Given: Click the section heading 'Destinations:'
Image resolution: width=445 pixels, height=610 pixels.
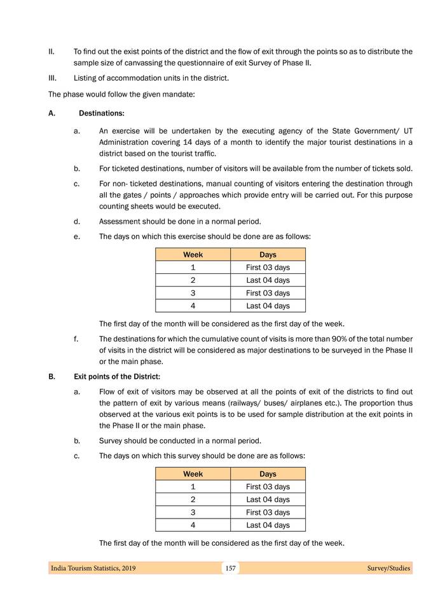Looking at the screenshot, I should [x=101, y=113].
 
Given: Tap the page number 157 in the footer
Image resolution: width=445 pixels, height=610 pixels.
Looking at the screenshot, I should [x=230, y=568].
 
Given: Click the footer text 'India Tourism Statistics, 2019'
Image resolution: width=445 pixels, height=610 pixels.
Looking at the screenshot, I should [x=93, y=568].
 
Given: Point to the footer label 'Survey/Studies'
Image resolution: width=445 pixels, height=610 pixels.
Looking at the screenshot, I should [x=388, y=568].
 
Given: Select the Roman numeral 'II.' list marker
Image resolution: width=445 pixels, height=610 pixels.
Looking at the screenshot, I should [x=52, y=51].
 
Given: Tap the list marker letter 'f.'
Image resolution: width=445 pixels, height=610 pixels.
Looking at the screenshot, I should [x=77, y=339].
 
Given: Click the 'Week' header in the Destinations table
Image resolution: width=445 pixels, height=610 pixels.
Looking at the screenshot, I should [x=193, y=255].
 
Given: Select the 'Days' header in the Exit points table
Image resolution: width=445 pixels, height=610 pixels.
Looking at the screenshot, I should [x=268, y=474].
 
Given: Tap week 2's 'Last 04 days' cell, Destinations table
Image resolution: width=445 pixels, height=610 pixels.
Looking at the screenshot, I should [x=268, y=280].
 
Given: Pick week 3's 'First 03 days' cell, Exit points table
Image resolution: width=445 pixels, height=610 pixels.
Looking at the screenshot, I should [x=268, y=512].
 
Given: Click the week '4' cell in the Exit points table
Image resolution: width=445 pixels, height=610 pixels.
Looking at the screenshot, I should [x=193, y=525].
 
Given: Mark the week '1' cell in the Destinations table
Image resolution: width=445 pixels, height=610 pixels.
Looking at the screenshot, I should [x=193, y=268].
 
